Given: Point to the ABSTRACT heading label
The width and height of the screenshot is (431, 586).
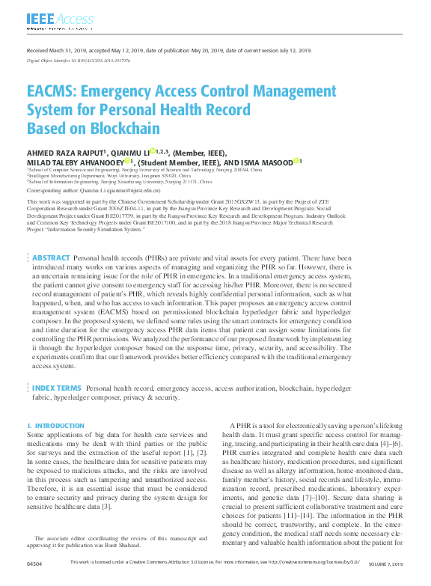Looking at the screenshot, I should pyautogui.click(x=51, y=257).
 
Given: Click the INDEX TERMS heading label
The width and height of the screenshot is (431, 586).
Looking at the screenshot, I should pyautogui.click(x=56, y=389).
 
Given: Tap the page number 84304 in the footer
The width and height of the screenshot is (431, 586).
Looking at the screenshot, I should pyautogui.click(x=35, y=582).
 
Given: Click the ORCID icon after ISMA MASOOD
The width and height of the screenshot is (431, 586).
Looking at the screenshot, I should pyautogui.click(x=297, y=161).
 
